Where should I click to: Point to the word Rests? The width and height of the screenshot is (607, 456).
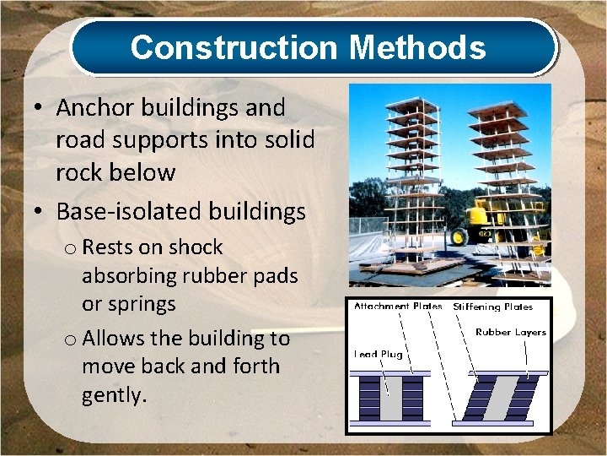point(110,247)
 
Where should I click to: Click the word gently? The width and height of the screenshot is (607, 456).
point(113,394)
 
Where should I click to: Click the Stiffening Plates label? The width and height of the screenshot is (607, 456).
point(493,307)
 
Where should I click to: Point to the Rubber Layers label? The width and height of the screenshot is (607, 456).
point(510,332)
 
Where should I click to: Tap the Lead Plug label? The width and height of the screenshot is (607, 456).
point(379,355)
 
